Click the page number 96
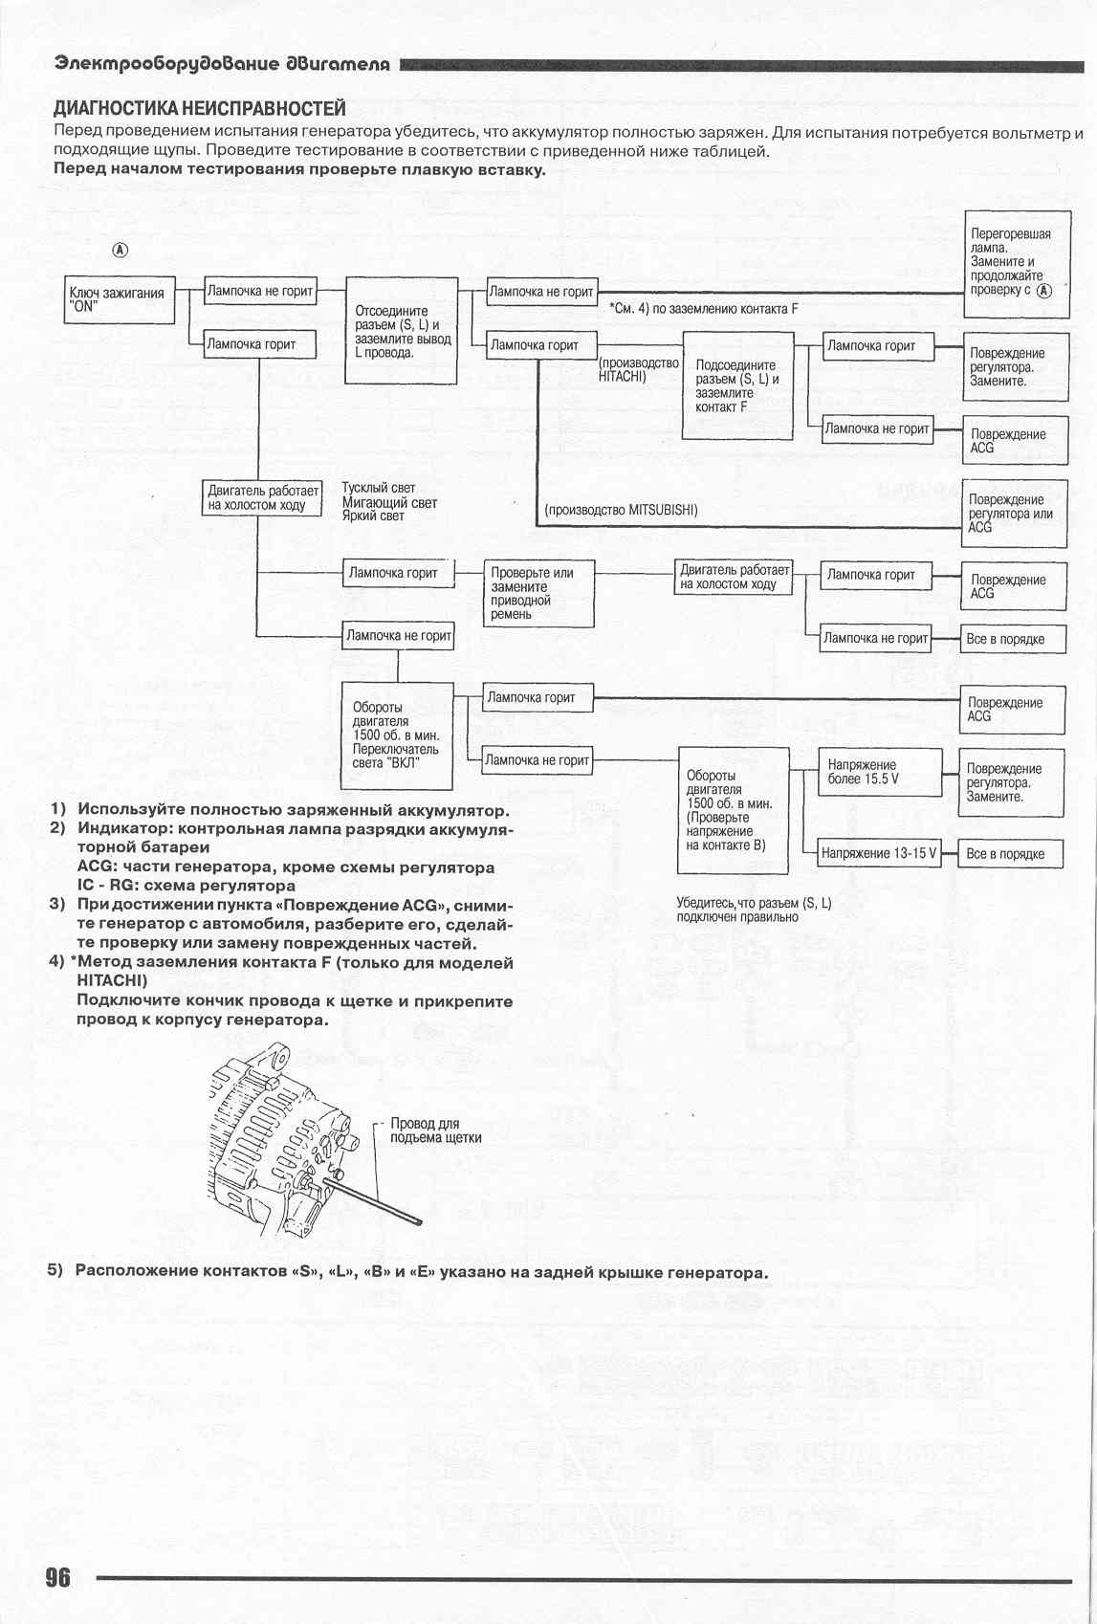pos(57,1576)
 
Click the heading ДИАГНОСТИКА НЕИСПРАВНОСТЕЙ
pos(199,108)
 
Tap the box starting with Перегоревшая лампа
pos(1016,263)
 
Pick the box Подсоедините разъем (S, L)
pos(736,385)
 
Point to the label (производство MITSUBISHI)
pos(621,510)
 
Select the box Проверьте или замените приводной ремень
pos(538,593)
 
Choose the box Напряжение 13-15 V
pos(879,854)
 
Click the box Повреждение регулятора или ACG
pos(1014,513)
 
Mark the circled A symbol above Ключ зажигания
pos(121,250)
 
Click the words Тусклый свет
pos(379,488)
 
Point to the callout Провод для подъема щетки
pos(435,1130)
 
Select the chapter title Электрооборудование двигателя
pos(222,64)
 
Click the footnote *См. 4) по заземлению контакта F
pos(703,309)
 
